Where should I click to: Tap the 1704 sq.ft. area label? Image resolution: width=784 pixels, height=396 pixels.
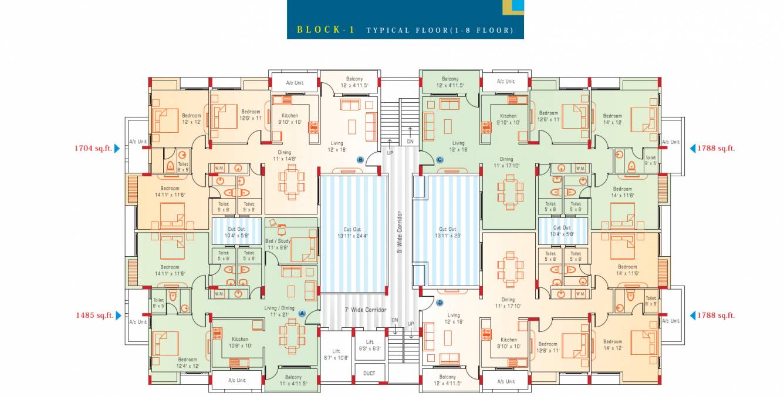pyautogui.click(x=93, y=149)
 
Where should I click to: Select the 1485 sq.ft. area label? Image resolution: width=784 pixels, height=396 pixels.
pyautogui.click(x=94, y=316)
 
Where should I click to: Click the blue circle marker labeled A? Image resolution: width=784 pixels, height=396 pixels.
pyautogui.click(x=303, y=314)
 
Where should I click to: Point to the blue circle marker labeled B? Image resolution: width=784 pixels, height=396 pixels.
pyautogui.click(x=360, y=159)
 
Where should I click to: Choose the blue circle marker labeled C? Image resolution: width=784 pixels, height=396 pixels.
pyautogui.click(x=440, y=159)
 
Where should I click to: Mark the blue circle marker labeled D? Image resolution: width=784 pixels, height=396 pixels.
pyautogui.click(x=440, y=303)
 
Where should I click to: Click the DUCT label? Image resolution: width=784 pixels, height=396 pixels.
pyautogui.click(x=369, y=374)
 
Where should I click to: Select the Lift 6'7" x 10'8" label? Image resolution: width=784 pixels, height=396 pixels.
pyautogui.click(x=336, y=354)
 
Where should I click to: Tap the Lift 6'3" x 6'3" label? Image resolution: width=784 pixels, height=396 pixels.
pyautogui.click(x=370, y=345)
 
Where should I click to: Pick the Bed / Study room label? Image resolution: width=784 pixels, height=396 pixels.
pyautogui.click(x=278, y=244)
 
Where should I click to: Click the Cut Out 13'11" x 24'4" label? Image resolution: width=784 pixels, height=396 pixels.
pyautogui.click(x=352, y=233)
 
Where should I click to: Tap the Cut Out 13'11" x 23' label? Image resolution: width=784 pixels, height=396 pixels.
pyautogui.click(x=447, y=233)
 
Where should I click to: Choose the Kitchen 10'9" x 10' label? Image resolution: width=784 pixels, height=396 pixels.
pyautogui.click(x=239, y=343)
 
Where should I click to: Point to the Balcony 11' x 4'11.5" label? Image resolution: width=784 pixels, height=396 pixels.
pyautogui.click(x=293, y=380)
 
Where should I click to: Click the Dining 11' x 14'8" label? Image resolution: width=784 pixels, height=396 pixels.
pyautogui.click(x=284, y=155)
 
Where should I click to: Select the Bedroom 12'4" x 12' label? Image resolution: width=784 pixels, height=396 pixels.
pyautogui.click(x=187, y=363)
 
